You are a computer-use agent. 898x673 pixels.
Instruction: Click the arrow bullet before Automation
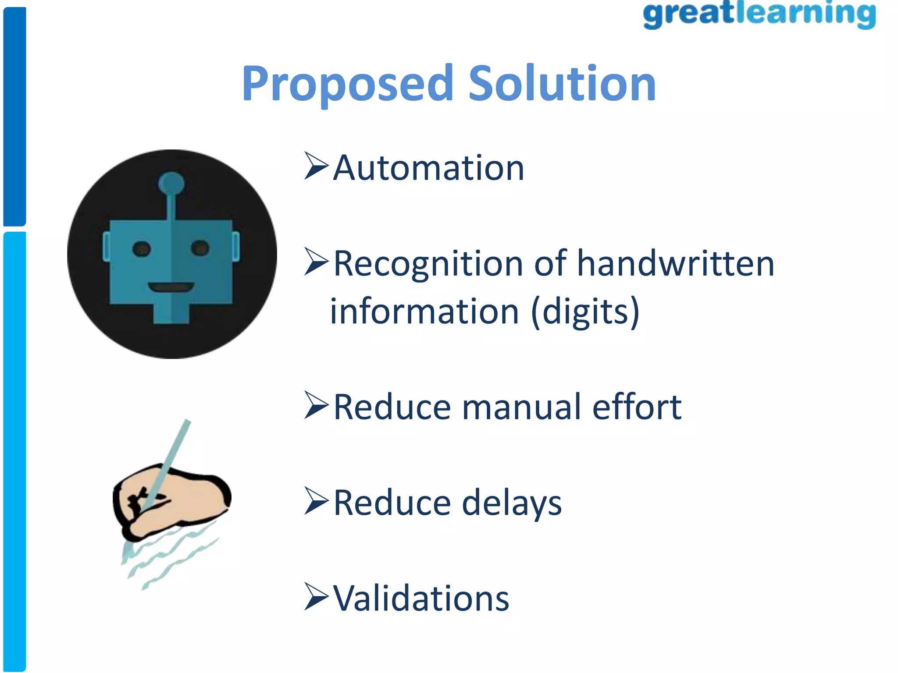point(316,166)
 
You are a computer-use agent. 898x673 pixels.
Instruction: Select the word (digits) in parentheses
point(585,311)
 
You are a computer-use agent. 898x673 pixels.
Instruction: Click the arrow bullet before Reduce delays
point(316,501)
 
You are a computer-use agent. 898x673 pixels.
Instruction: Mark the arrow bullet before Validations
point(316,597)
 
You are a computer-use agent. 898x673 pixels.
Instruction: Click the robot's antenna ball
point(171,183)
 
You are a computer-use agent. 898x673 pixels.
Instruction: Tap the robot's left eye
point(142,249)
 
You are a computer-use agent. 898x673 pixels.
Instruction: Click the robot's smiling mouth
point(171,287)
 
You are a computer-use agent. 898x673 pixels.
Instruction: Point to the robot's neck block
point(171,313)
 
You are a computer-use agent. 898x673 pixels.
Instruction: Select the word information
point(424,311)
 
